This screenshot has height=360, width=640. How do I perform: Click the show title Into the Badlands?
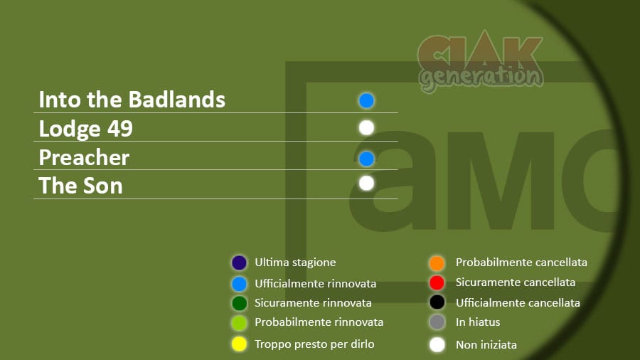click(x=132, y=100)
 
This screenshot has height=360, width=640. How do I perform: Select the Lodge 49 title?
click(x=86, y=129)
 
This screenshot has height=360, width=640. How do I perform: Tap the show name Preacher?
click(x=84, y=157)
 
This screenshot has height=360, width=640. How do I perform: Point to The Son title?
click(x=80, y=186)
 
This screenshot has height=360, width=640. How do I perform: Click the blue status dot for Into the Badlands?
click(x=366, y=100)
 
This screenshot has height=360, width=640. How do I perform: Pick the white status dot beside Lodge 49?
click(x=366, y=128)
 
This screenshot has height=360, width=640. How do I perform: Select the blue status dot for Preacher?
click(x=366, y=159)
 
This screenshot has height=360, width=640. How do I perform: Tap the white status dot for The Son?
click(x=366, y=184)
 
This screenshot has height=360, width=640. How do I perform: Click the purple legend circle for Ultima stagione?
click(x=239, y=263)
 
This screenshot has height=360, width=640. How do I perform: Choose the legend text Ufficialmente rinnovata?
click(x=316, y=284)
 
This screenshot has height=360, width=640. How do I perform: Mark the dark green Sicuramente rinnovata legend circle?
click(x=239, y=303)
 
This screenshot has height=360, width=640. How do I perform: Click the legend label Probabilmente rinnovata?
click(x=319, y=322)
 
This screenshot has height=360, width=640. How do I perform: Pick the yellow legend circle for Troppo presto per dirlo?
click(x=239, y=344)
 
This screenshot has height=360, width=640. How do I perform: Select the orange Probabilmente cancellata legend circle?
click(x=437, y=263)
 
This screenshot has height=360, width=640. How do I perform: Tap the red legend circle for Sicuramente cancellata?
click(x=437, y=282)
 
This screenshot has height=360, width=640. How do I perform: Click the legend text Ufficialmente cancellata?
click(x=518, y=303)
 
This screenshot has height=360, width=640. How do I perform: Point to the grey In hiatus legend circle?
click(x=437, y=322)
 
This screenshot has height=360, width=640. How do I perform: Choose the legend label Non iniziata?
click(x=486, y=345)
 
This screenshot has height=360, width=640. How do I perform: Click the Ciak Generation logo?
click(x=481, y=61)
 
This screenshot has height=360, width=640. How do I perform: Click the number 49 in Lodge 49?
click(x=120, y=129)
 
